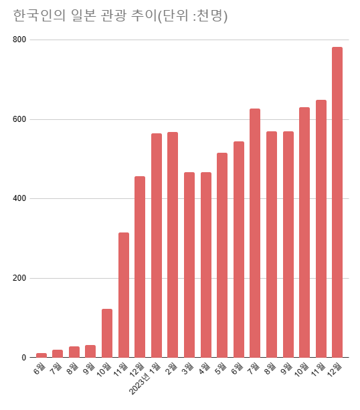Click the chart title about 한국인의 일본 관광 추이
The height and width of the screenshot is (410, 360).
(120, 16)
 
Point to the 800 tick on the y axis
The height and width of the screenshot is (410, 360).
(19, 40)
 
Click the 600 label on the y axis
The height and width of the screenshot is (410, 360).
(19, 119)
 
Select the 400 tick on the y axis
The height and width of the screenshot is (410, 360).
(19, 199)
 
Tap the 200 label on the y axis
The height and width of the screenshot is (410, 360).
(19, 278)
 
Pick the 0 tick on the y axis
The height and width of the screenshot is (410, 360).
(23, 358)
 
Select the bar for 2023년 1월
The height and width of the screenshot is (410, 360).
(157, 245)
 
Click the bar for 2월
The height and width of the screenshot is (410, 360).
(173, 245)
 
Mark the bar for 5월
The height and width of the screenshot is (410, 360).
(222, 255)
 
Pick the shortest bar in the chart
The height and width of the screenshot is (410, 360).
(41, 355)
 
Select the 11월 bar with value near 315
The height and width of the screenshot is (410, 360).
(124, 295)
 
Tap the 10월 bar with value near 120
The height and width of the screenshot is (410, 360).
(107, 333)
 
